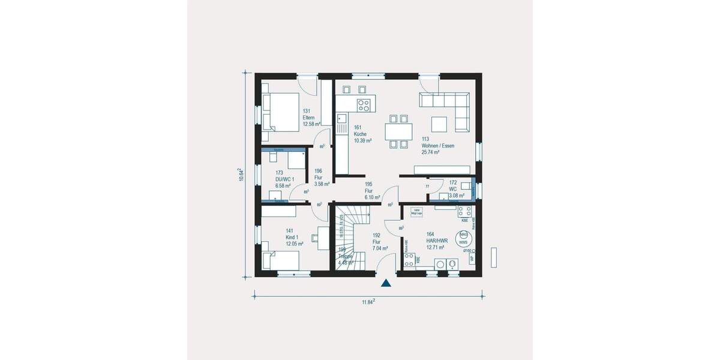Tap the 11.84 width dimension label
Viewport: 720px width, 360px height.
[x=368, y=302]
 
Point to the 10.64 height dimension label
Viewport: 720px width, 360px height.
[x=241, y=175]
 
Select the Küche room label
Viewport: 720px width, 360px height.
[x=360, y=134]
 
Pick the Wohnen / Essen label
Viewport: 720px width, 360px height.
[x=438, y=145]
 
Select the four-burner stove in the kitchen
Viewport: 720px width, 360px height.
[x=364, y=106]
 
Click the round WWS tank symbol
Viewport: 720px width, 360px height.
[x=463, y=239]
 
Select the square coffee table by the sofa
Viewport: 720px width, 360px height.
[x=439, y=124]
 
